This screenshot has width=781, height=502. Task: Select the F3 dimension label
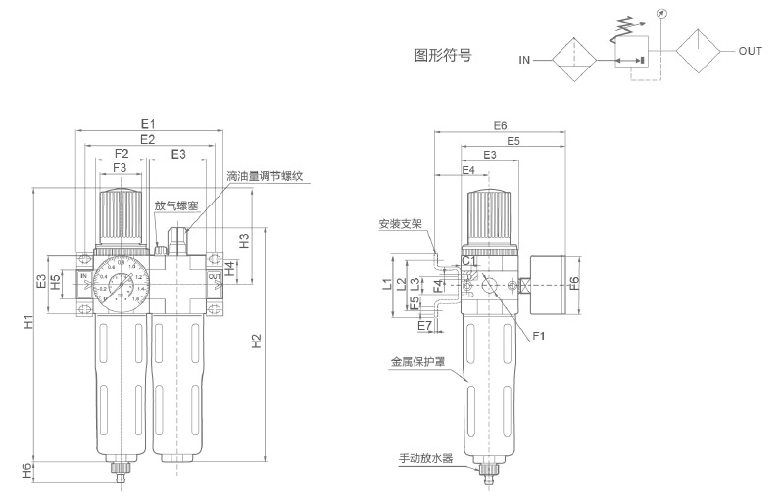click(121, 168)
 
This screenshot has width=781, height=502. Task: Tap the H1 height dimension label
click(28, 322)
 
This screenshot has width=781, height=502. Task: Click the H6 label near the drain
click(28, 471)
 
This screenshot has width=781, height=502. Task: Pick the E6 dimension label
click(500, 126)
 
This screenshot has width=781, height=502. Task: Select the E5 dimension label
click(513, 141)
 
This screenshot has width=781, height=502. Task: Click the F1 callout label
click(539, 337)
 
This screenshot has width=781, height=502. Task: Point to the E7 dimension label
click(424, 323)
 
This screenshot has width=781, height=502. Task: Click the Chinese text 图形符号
click(444, 56)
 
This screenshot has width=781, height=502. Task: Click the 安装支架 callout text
click(401, 224)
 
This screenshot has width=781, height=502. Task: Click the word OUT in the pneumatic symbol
click(750, 51)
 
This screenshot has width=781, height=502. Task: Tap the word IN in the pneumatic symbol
click(525, 60)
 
